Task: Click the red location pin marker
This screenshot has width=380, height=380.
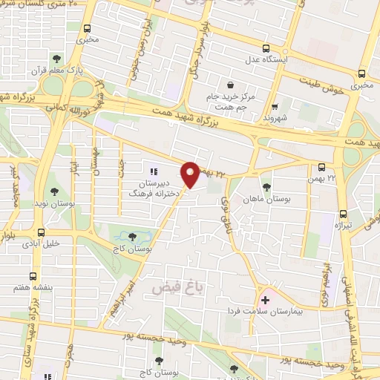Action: click(191, 174)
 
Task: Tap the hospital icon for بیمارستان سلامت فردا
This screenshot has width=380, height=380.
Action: click(265, 299)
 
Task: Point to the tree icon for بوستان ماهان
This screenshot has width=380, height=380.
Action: click(266, 186)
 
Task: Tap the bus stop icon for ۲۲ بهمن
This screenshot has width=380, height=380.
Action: click(322, 168)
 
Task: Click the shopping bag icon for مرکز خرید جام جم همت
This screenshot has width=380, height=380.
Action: click(233, 84)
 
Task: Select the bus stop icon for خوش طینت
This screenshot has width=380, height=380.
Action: click(361, 73)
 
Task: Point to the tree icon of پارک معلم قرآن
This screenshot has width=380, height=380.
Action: click(56, 59)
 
